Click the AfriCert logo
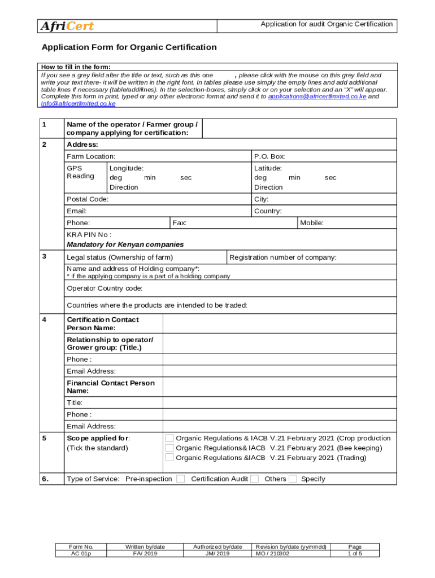tap(67, 27)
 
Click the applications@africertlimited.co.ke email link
tap(317, 97)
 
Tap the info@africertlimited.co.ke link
tap(78, 104)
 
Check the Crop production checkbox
tap(169, 438)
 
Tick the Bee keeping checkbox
tap(169, 448)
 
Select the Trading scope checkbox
tap(169, 457)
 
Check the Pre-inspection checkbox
tap(180, 479)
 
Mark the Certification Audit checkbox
tap(255, 479)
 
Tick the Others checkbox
tap(293, 479)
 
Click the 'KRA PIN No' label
tap(89, 235)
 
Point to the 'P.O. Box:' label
tap(269, 156)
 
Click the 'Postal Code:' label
tap(88, 199)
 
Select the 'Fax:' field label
tap(180, 223)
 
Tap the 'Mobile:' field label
tap(312, 223)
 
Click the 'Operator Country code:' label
tap(105, 288)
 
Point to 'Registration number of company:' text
tap(283, 257)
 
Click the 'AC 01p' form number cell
tap(80, 554)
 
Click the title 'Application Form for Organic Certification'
tap(129, 47)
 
